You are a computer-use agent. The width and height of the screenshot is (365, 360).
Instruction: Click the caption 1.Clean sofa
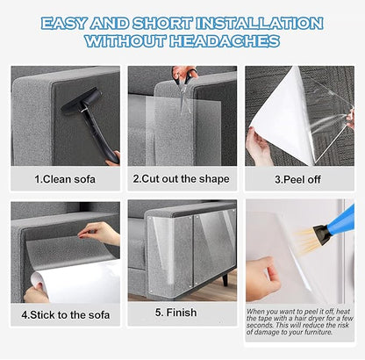tap(65, 178)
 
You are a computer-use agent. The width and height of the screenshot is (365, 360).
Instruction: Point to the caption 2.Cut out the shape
tap(182, 178)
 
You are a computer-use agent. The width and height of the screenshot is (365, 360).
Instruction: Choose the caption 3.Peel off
tap(298, 178)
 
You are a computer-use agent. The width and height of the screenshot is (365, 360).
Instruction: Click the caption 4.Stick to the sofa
tap(66, 312)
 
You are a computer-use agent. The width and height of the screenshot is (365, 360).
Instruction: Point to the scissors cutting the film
tap(185, 79)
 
